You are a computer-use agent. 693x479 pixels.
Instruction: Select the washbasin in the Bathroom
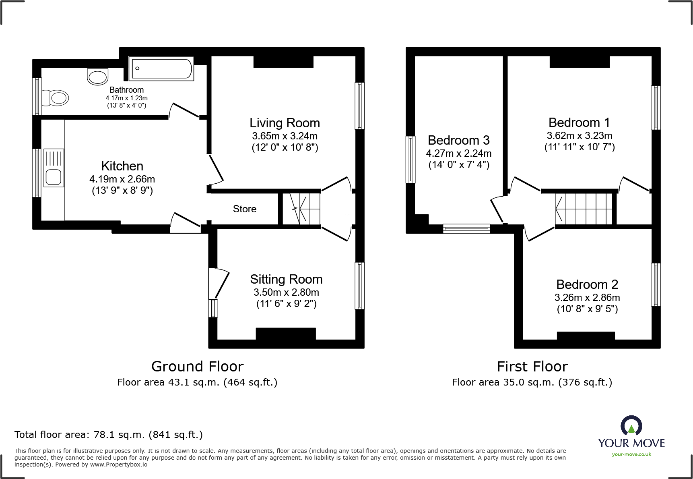click(97, 77)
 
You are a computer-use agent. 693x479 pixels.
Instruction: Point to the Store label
click(244, 209)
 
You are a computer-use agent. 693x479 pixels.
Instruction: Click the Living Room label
click(285, 123)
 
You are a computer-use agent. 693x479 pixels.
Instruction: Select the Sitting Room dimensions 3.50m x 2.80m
click(286, 292)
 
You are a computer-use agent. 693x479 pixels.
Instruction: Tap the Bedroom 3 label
click(458, 140)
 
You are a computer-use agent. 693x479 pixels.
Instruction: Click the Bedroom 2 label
click(587, 284)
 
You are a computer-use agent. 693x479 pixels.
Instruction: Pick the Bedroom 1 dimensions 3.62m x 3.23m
click(579, 136)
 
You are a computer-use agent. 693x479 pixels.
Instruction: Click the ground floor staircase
click(301, 209)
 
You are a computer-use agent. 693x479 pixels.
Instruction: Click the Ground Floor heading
click(197, 367)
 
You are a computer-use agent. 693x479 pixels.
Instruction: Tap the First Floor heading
click(532, 367)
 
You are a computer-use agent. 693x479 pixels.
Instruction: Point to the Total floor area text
click(109, 435)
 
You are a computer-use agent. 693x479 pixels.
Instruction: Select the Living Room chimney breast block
click(283, 62)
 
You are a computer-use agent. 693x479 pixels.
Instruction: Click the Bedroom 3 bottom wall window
click(466, 229)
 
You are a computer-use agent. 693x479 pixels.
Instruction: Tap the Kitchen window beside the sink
click(37, 173)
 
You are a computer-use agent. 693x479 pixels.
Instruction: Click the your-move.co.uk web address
click(631, 454)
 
